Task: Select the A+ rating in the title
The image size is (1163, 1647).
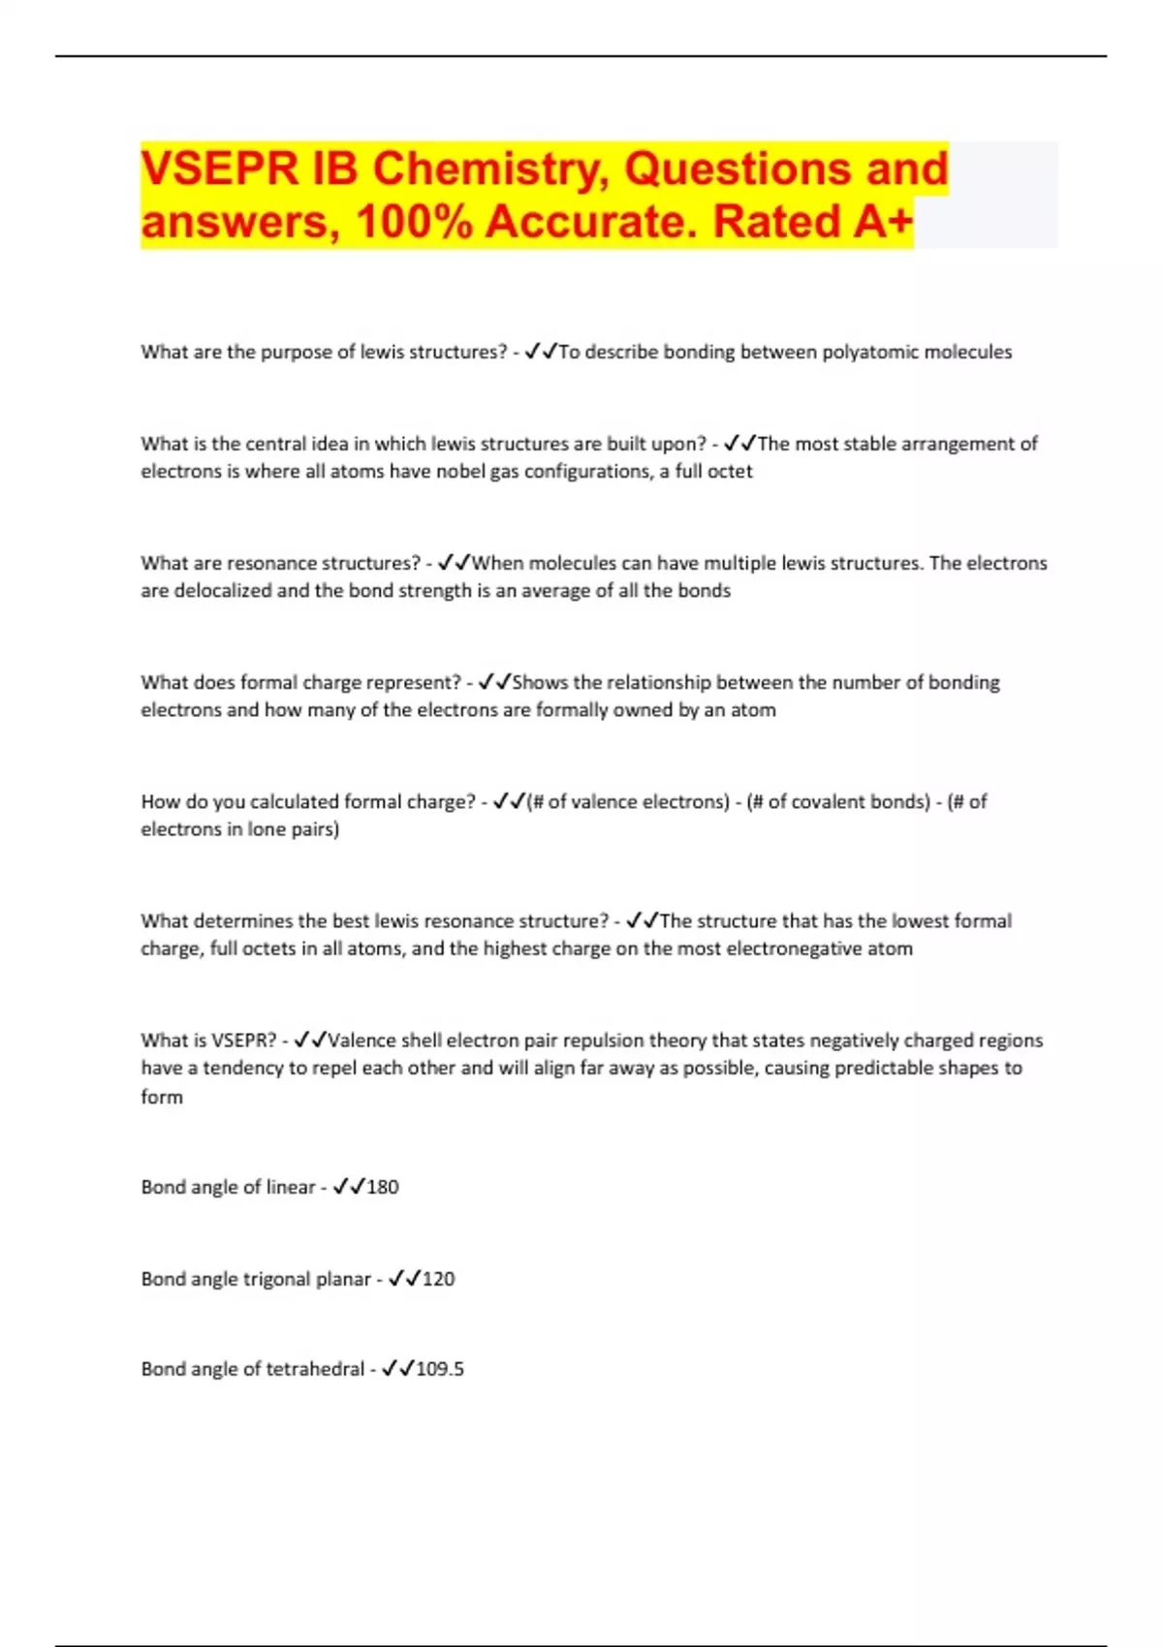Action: [x=883, y=222]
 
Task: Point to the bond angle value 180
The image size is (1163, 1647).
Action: [x=383, y=1187]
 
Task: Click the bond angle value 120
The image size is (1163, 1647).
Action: [x=439, y=1279]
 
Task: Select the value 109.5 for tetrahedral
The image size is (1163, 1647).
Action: [x=440, y=1369]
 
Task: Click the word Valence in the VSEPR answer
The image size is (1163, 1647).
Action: [x=361, y=1041]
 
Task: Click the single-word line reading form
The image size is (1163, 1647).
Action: [x=162, y=1097]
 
